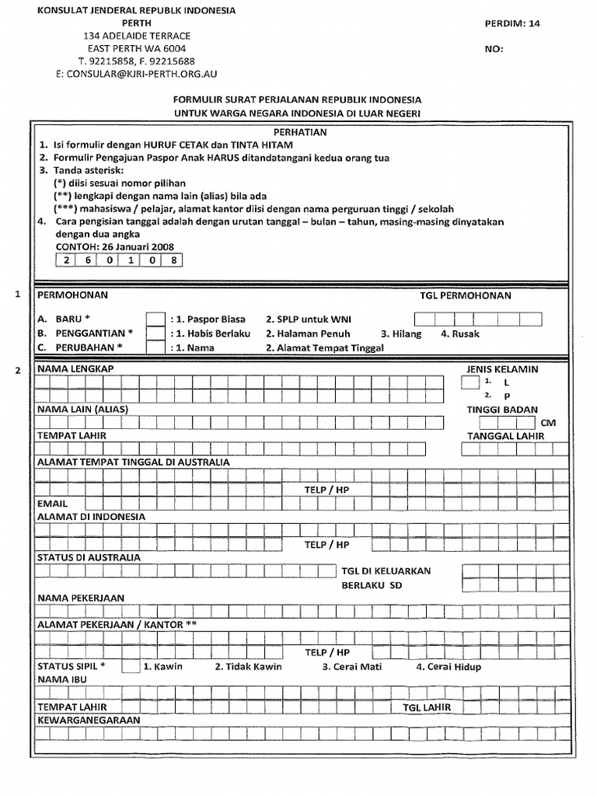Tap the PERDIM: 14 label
(511, 23)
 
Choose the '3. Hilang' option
(398, 334)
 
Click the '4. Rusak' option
(460, 334)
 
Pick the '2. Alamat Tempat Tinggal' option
(325, 348)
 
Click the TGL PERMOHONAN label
(466, 296)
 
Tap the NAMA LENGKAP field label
(76, 368)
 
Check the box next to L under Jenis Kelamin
(470, 382)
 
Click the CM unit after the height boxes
(549, 423)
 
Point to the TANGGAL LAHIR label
(506, 436)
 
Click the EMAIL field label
(53, 504)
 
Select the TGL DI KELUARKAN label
(386, 571)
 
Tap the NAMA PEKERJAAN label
(81, 599)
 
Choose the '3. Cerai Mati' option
(350, 667)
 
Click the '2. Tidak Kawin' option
(249, 667)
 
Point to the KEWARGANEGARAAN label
(89, 721)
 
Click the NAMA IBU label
(61, 680)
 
